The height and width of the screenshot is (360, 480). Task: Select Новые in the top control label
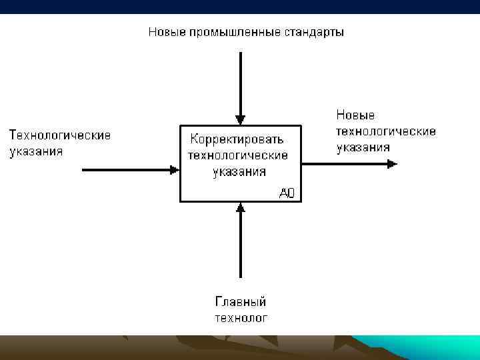click(166, 32)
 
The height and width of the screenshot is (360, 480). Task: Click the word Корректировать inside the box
click(237, 139)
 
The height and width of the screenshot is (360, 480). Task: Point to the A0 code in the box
click(287, 193)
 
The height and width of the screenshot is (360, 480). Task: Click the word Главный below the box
click(241, 302)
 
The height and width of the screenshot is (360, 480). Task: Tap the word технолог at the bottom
click(241, 317)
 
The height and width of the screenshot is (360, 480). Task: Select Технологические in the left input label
click(60, 135)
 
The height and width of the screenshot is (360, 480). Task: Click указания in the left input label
click(36, 151)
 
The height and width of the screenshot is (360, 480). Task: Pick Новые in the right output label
click(355, 115)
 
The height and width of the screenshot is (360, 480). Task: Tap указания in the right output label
click(363, 147)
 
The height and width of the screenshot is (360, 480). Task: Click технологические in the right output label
click(386, 131)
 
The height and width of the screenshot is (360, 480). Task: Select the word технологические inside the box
click(238, 155)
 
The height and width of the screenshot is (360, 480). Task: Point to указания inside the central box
click(239, 171)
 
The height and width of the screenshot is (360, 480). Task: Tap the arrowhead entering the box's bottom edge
click(241, 207)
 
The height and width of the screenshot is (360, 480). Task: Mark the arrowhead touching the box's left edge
click(175, 170)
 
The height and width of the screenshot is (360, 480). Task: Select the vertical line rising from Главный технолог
click(241, 247)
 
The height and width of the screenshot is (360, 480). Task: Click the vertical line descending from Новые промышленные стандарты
click(241, 80)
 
